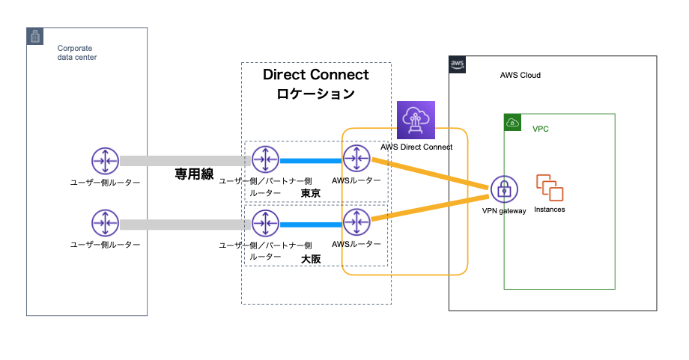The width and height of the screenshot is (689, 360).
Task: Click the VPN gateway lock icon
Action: (x=505, y=189)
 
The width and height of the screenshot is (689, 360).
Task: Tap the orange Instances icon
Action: (x=549, y=188)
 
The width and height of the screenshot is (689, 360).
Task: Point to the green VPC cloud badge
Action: (x=512, y=122)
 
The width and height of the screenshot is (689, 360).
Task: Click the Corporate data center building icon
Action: (x=35, y=36)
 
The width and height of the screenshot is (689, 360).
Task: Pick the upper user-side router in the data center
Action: (x=104, y=160)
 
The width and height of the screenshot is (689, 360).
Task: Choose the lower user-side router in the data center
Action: (x=104, y=223)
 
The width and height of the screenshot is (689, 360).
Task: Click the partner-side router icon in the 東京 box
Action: (x=265, y=159)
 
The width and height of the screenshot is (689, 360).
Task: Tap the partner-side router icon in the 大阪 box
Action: (x=265, y=222)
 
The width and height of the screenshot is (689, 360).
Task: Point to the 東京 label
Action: (x=311, y=193)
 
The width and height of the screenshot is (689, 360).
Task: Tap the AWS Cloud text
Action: (x=520, y=76)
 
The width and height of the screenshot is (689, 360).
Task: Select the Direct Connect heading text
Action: (x=316, y=75)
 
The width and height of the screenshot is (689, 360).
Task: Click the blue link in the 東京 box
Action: (x=311, y=160)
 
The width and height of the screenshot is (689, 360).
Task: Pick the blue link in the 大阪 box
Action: (x=311, y=223)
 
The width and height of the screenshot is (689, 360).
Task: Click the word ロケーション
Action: (x=316, y=95)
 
